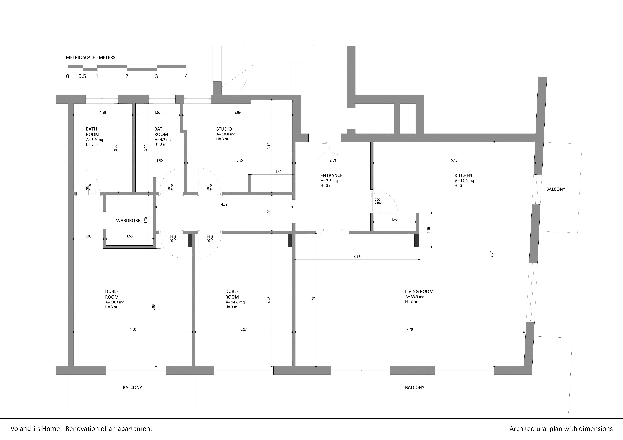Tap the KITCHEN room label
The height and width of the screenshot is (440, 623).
point(463,176)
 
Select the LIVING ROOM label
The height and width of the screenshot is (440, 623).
point(419,291)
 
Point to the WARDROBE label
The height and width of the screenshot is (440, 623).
point(128,221)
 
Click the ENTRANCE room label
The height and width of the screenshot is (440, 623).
point(331,176)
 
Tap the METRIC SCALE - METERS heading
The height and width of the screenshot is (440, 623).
point(91,57)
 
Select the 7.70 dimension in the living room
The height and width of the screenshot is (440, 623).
point(410,329)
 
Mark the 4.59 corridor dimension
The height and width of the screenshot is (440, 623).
point(224,204)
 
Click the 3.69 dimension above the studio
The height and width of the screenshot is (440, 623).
point(237,112)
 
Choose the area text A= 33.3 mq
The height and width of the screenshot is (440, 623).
point(415,297)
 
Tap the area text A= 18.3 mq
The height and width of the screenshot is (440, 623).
point(115,302)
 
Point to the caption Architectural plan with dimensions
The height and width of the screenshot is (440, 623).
point(561,429)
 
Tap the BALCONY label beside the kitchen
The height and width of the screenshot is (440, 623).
point(556,189)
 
